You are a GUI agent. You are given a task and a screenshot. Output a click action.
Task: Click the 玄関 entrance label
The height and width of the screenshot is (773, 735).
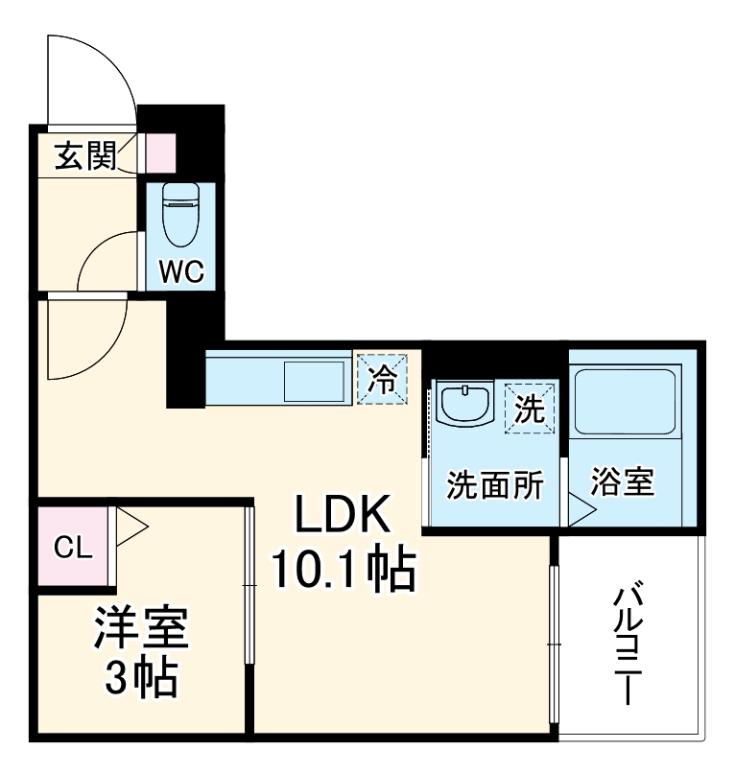click(85, 155)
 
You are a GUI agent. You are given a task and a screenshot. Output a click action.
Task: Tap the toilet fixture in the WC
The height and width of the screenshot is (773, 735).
click(180, 215)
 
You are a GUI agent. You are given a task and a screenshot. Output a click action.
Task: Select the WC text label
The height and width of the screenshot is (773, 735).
click(181, 270)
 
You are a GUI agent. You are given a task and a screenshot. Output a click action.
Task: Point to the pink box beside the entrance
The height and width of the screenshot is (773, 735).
click(161, 153)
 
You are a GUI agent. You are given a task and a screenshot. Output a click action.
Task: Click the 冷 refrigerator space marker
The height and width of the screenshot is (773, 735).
click(382, 379)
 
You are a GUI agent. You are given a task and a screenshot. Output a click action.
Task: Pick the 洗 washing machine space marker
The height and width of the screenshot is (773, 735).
click(530, 409)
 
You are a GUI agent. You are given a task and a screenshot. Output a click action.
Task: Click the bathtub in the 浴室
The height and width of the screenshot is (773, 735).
click(625, 402)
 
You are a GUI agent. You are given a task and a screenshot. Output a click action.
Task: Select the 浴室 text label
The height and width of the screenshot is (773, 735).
click(623, 481)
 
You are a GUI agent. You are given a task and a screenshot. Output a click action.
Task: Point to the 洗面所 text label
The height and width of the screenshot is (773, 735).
click(495, 484)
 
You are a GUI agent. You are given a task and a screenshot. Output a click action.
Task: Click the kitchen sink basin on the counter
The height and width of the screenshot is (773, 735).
click(314, 382)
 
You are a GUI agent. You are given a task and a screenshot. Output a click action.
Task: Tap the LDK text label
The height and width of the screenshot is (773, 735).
click(343, 514)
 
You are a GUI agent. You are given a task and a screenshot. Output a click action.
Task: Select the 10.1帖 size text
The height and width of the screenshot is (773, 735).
click(344, 568)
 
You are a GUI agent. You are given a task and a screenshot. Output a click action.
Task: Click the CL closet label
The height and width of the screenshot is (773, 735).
click(73, 548)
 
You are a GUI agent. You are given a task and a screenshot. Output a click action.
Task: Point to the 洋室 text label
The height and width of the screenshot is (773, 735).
click(141, 627)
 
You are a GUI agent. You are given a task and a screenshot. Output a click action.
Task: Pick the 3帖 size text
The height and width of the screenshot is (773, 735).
click(141, 676)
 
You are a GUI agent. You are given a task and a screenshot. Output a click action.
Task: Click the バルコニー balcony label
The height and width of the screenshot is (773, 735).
click(628, 644)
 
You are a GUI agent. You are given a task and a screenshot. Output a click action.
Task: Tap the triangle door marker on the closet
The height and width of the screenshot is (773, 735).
click(130, 527)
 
